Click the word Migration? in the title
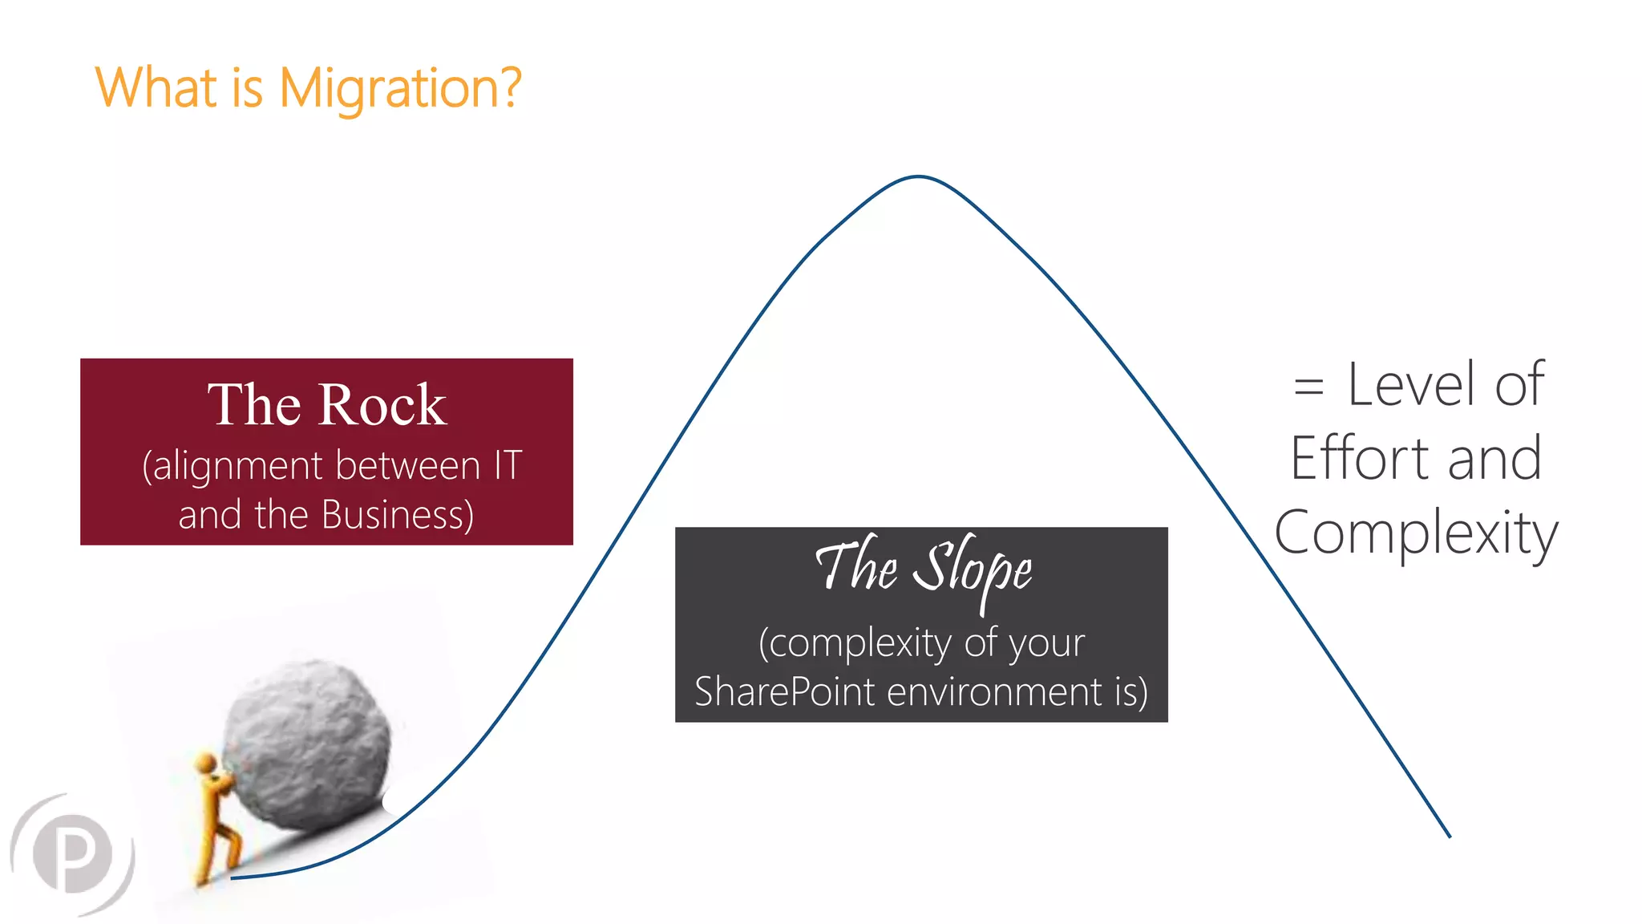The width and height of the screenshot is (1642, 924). (x=399, y=88)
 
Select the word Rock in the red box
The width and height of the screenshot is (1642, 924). (x=382, y=404)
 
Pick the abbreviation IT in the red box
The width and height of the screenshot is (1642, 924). (x=508, y=465)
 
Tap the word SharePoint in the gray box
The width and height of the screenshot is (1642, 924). (x=784, y=691)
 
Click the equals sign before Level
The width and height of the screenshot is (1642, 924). (x=1308, y=386)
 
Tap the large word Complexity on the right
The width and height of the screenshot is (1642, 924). (x=1416, y=533)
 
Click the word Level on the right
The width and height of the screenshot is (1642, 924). (x=1411, y=385)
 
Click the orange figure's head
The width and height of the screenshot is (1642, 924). (x=206, y=762)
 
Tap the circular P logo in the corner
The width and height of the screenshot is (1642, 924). (x=73, y=853)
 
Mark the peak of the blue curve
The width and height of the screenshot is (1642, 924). (x=918, y=176)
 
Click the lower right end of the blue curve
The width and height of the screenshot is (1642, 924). (x=1448, y=835)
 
